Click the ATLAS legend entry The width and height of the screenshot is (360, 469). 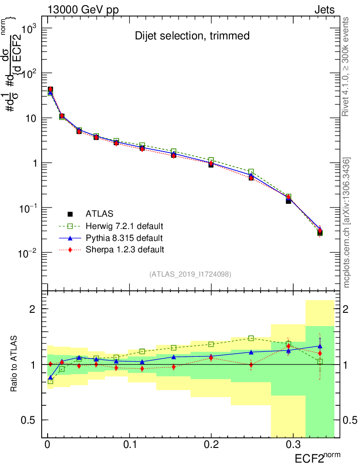pos(99,213)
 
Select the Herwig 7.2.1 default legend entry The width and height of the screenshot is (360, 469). pos(124,226)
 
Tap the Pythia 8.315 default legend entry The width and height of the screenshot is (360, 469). pos(124,238)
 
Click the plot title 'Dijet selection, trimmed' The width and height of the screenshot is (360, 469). pos(192,36)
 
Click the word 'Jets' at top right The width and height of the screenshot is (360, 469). pos(324,10)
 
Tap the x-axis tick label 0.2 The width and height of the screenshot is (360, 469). pos(211,445)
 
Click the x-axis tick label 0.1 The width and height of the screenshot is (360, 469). pos(130,445)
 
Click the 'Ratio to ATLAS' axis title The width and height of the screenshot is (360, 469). pos(15,365)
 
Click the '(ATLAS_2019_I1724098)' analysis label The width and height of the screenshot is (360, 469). pos(190,274)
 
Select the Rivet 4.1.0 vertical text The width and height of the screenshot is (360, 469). pos(347,66)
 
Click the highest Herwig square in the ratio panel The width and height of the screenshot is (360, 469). pos(251,338)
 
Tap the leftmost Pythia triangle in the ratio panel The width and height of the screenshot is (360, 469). pos(50,378)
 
